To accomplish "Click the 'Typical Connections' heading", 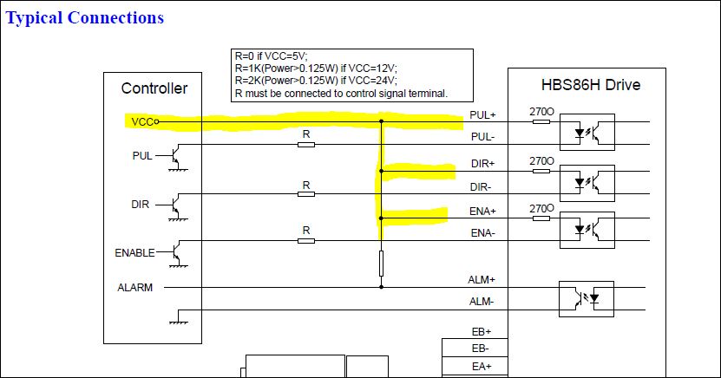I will click(x=85, y=17).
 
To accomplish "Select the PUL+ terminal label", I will click(x=482, y=114).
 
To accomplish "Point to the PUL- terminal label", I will click(x=482, y=137).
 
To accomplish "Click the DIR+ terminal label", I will click(x=482, y=163).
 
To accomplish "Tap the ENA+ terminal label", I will click(x=482, y=211).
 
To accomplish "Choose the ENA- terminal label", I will click(x=482, y=233).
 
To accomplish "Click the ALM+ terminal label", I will click(x=482, y=279).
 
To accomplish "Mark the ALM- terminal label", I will click(x=481, y=301).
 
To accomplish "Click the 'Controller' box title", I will click(x=154, y=88).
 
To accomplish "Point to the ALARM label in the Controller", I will click(x=135, y=287).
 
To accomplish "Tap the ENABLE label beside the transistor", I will click(x=134, y=253).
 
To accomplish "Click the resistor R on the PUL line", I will click(x=305, y=144).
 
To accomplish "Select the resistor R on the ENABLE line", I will click(x=305, y=240).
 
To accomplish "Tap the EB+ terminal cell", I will click(x=482, y=331).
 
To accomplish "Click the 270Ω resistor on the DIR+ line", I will click(x=541, y=170).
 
